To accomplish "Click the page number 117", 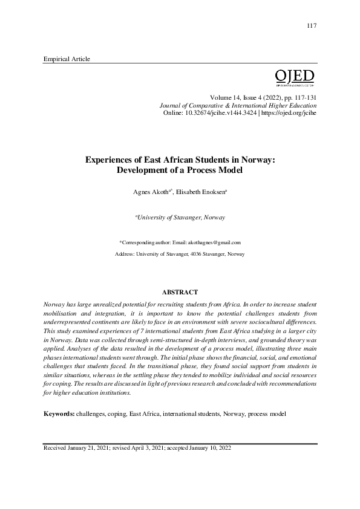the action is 312,25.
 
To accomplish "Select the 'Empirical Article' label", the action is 67,59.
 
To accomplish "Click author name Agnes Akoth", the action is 150,192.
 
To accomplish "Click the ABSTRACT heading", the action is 180,293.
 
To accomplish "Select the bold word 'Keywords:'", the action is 59,415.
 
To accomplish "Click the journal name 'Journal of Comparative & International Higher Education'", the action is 238,105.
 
